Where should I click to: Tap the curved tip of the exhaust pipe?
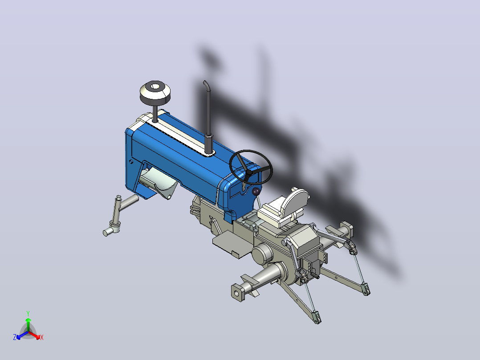click(x=205, y=83)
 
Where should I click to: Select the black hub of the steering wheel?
click(x=249, y=172)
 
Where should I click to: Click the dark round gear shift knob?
click(x=256, y=192)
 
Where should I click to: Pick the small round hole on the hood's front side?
click(x=131, y=161)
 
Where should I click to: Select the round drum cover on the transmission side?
click(x=262, y=254)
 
